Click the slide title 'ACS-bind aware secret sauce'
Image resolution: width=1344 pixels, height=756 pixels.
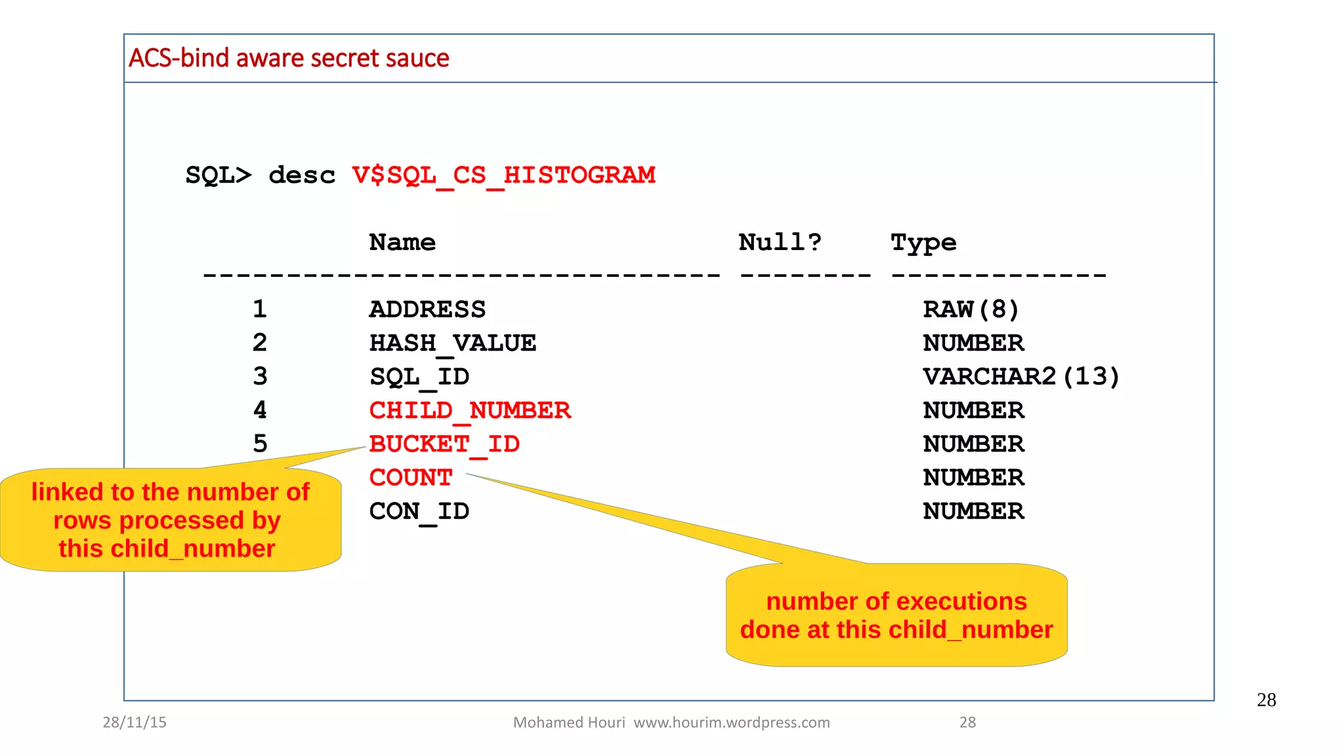(x=289, y=58)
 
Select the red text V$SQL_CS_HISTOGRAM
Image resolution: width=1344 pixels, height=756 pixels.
(x=503, y=175)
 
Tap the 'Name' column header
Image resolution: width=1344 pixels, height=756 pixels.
(x=402, y=243)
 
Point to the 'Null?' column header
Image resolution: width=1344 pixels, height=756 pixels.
(x=780, y=243)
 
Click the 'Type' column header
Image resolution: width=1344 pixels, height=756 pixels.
(x=923, y=243)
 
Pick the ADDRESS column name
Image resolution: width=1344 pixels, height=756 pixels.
(x=427, y=309)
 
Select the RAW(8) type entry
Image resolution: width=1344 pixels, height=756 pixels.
(x=971, y=309)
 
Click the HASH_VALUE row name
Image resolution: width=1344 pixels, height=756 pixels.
(x=453, y=343)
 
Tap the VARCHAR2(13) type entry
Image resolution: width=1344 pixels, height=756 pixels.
(x=1020, y=377)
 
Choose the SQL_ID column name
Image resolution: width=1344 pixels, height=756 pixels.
(x=419, y=377)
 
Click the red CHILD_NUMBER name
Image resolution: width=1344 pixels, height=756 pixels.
(x=470, y=411)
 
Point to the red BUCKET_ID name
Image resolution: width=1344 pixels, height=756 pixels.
(x=444, y=444)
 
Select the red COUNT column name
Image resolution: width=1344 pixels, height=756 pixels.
(x=411, y=478)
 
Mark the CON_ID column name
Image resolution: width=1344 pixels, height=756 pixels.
(x=419, y=511)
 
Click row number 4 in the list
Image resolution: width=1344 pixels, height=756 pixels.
(x=260, y=411)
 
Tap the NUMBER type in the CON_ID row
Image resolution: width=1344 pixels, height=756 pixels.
(x=973, y=511)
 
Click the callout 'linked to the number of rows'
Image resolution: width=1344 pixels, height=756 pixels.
(x=170, y=520)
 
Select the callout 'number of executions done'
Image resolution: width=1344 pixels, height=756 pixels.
(x=896, y=616)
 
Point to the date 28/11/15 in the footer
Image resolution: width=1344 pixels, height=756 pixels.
(x=135, y=723)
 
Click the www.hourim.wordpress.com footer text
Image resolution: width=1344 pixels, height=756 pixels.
(x=731, y=723)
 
